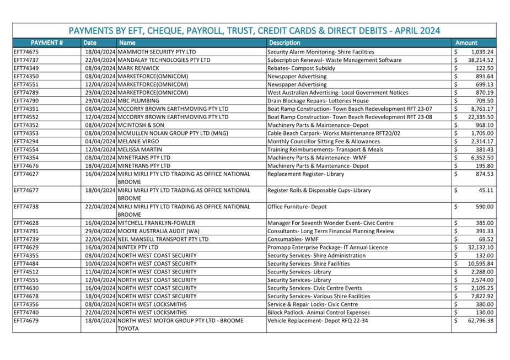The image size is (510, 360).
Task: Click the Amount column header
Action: pos(466,42)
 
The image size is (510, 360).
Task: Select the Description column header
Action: pos(284,42)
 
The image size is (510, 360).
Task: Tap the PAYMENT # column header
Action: pos(46,42)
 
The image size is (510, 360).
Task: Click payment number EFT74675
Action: pos(26,52)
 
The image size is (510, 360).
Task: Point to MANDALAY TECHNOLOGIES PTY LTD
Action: pos(164,60)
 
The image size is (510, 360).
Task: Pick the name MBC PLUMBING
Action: pos(135,101)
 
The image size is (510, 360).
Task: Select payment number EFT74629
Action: pos(26,248)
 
